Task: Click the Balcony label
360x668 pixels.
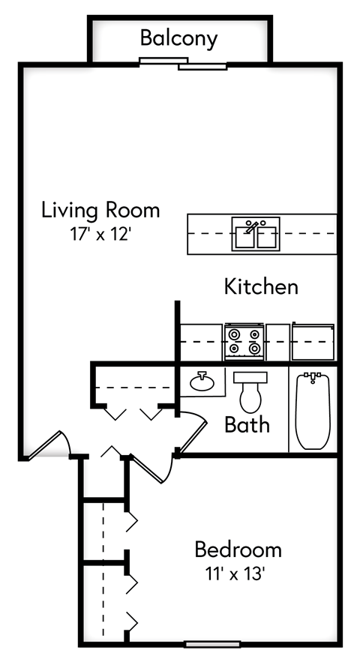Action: coord(179,39)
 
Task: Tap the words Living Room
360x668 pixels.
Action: coord(100,210)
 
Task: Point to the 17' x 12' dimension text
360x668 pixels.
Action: coord(100,234)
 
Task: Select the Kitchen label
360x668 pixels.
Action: coord(261,286)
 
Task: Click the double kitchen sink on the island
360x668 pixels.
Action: coord(256,234)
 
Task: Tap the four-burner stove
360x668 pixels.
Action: coord(244,342)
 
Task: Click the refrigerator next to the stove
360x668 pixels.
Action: coord(313,342)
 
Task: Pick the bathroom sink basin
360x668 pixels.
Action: coord(202,382)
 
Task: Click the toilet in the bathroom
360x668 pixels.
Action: coord(250,392)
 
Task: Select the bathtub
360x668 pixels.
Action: coord(313,411)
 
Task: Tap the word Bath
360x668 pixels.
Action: coord(247,425)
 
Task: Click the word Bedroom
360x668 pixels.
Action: coord(238,550)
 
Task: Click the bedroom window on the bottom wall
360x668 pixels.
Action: coord(212,644)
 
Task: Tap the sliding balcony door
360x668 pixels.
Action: coord(183,64)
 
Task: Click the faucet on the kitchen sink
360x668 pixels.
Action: coord(252,226)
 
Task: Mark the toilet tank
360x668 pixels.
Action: coord(250,377)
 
